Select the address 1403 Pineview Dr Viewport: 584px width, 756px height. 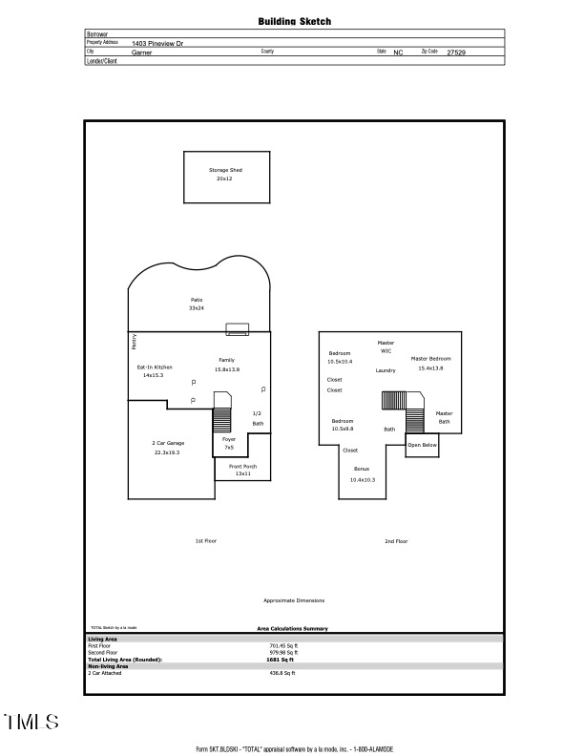(158, 43)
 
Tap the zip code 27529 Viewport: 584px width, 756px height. (457, 52)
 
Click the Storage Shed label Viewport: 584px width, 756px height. (225, 170)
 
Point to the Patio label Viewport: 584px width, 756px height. (196, 300)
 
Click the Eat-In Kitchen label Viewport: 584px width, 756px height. (155, 367)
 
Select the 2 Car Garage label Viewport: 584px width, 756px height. (167, 443)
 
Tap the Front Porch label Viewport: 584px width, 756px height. (242, 466)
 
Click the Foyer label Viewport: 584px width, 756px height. (229, 439)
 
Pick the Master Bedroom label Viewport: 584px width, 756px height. (431, 358)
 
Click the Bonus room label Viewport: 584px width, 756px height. (362, 470)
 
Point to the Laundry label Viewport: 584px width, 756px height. (386, 370)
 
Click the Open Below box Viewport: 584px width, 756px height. (422, 445)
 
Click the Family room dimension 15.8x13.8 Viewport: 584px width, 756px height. (226, 368)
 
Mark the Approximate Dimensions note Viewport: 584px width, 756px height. (294, 600)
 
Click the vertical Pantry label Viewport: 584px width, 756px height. (134, 341)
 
